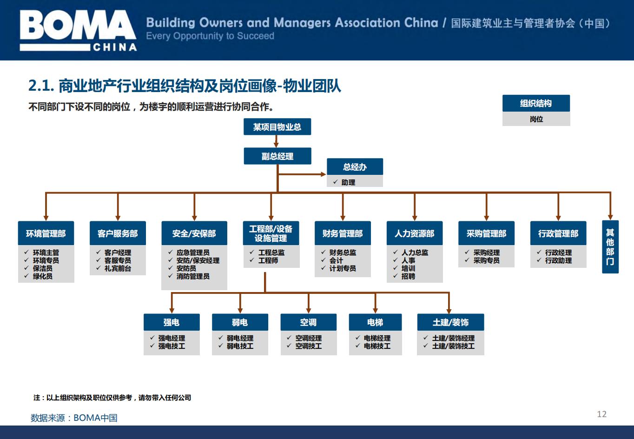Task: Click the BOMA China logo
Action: click(78, 30)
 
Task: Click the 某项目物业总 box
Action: click(277, 126)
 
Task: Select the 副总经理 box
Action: click(277, 156)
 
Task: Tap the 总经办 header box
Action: click(355, 167)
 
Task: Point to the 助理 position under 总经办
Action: click(348, 182)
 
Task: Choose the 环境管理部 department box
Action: click(46, 233)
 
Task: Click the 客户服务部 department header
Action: click(118, 233)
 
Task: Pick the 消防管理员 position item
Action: click(193, 276)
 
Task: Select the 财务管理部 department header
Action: click(343, 233)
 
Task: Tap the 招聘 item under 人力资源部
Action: click(408, 276)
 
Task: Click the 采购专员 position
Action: click(487, 260)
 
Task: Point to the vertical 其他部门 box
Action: click(610, 246)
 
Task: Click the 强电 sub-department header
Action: click(172, 322)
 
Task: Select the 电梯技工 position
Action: click(377, 346)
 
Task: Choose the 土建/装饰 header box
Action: click(450, 322)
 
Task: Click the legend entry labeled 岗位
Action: click(536, 119)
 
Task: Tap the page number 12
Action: click(602, 414)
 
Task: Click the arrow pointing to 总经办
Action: click(302, 174)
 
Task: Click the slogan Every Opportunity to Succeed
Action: click(210, 36)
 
